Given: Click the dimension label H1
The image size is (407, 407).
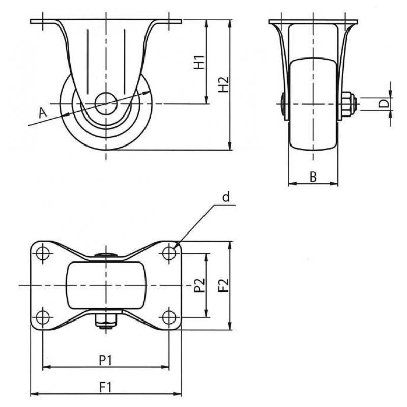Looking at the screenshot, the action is [199, 62].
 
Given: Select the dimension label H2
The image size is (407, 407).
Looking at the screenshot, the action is [223, 84].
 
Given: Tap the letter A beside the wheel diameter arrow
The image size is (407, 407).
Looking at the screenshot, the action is [43, 113].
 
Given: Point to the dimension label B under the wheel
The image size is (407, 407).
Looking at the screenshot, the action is [313, 177].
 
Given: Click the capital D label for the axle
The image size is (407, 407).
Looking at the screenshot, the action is [384, 104].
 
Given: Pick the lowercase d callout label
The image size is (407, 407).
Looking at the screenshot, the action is [226, 197].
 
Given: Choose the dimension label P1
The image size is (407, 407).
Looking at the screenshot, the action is [105, 360].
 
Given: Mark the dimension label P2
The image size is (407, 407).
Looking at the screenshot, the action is [200, 285].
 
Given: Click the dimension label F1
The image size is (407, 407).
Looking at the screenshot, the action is [105, 387].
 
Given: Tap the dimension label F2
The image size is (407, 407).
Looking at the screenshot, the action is [223, 285].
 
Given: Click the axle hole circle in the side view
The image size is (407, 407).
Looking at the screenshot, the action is [106, 104].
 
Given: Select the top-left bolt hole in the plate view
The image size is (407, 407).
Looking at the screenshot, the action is [43, 252].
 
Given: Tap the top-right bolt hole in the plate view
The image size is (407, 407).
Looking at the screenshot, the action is [169, 252].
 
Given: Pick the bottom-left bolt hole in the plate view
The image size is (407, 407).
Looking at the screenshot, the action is [43, 317].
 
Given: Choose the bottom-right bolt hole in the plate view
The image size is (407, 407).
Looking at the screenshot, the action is [169, 317].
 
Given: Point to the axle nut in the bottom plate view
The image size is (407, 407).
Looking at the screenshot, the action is [106, 321].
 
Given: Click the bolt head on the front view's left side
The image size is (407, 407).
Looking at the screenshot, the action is [283, 104].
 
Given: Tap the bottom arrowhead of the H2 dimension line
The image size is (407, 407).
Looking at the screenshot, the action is [230, 146].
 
